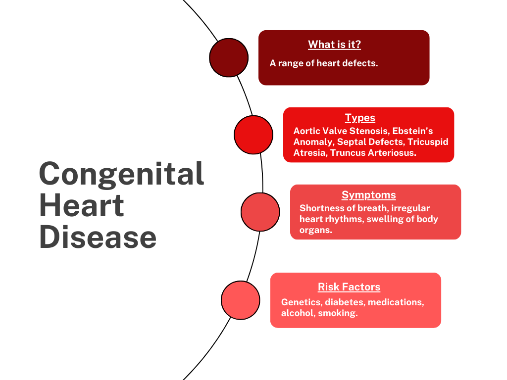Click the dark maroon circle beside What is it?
click(229, 57)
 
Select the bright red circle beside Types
click(253, 135)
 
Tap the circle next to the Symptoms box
click(260, 212)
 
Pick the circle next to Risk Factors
click(240, 300)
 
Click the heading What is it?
click(334, 45)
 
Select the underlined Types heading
click(360, 118)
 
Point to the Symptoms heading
click(368, 195)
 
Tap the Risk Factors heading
click(349, 287)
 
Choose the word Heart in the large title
click(81, 205)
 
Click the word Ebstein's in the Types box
click(412, 131)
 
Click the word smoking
click(338, 313)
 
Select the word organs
click(316, 230)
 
